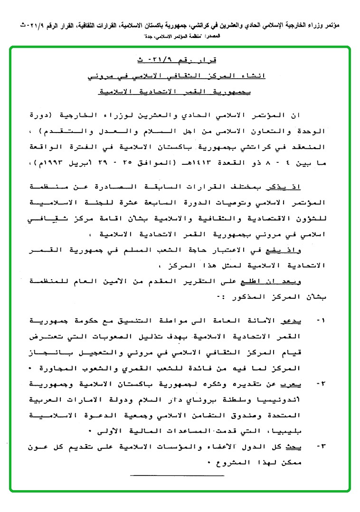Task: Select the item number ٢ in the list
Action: (x=321, y=383)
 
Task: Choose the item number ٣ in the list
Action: (x=321, y=446)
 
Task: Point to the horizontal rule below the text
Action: (x=177, y=475)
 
